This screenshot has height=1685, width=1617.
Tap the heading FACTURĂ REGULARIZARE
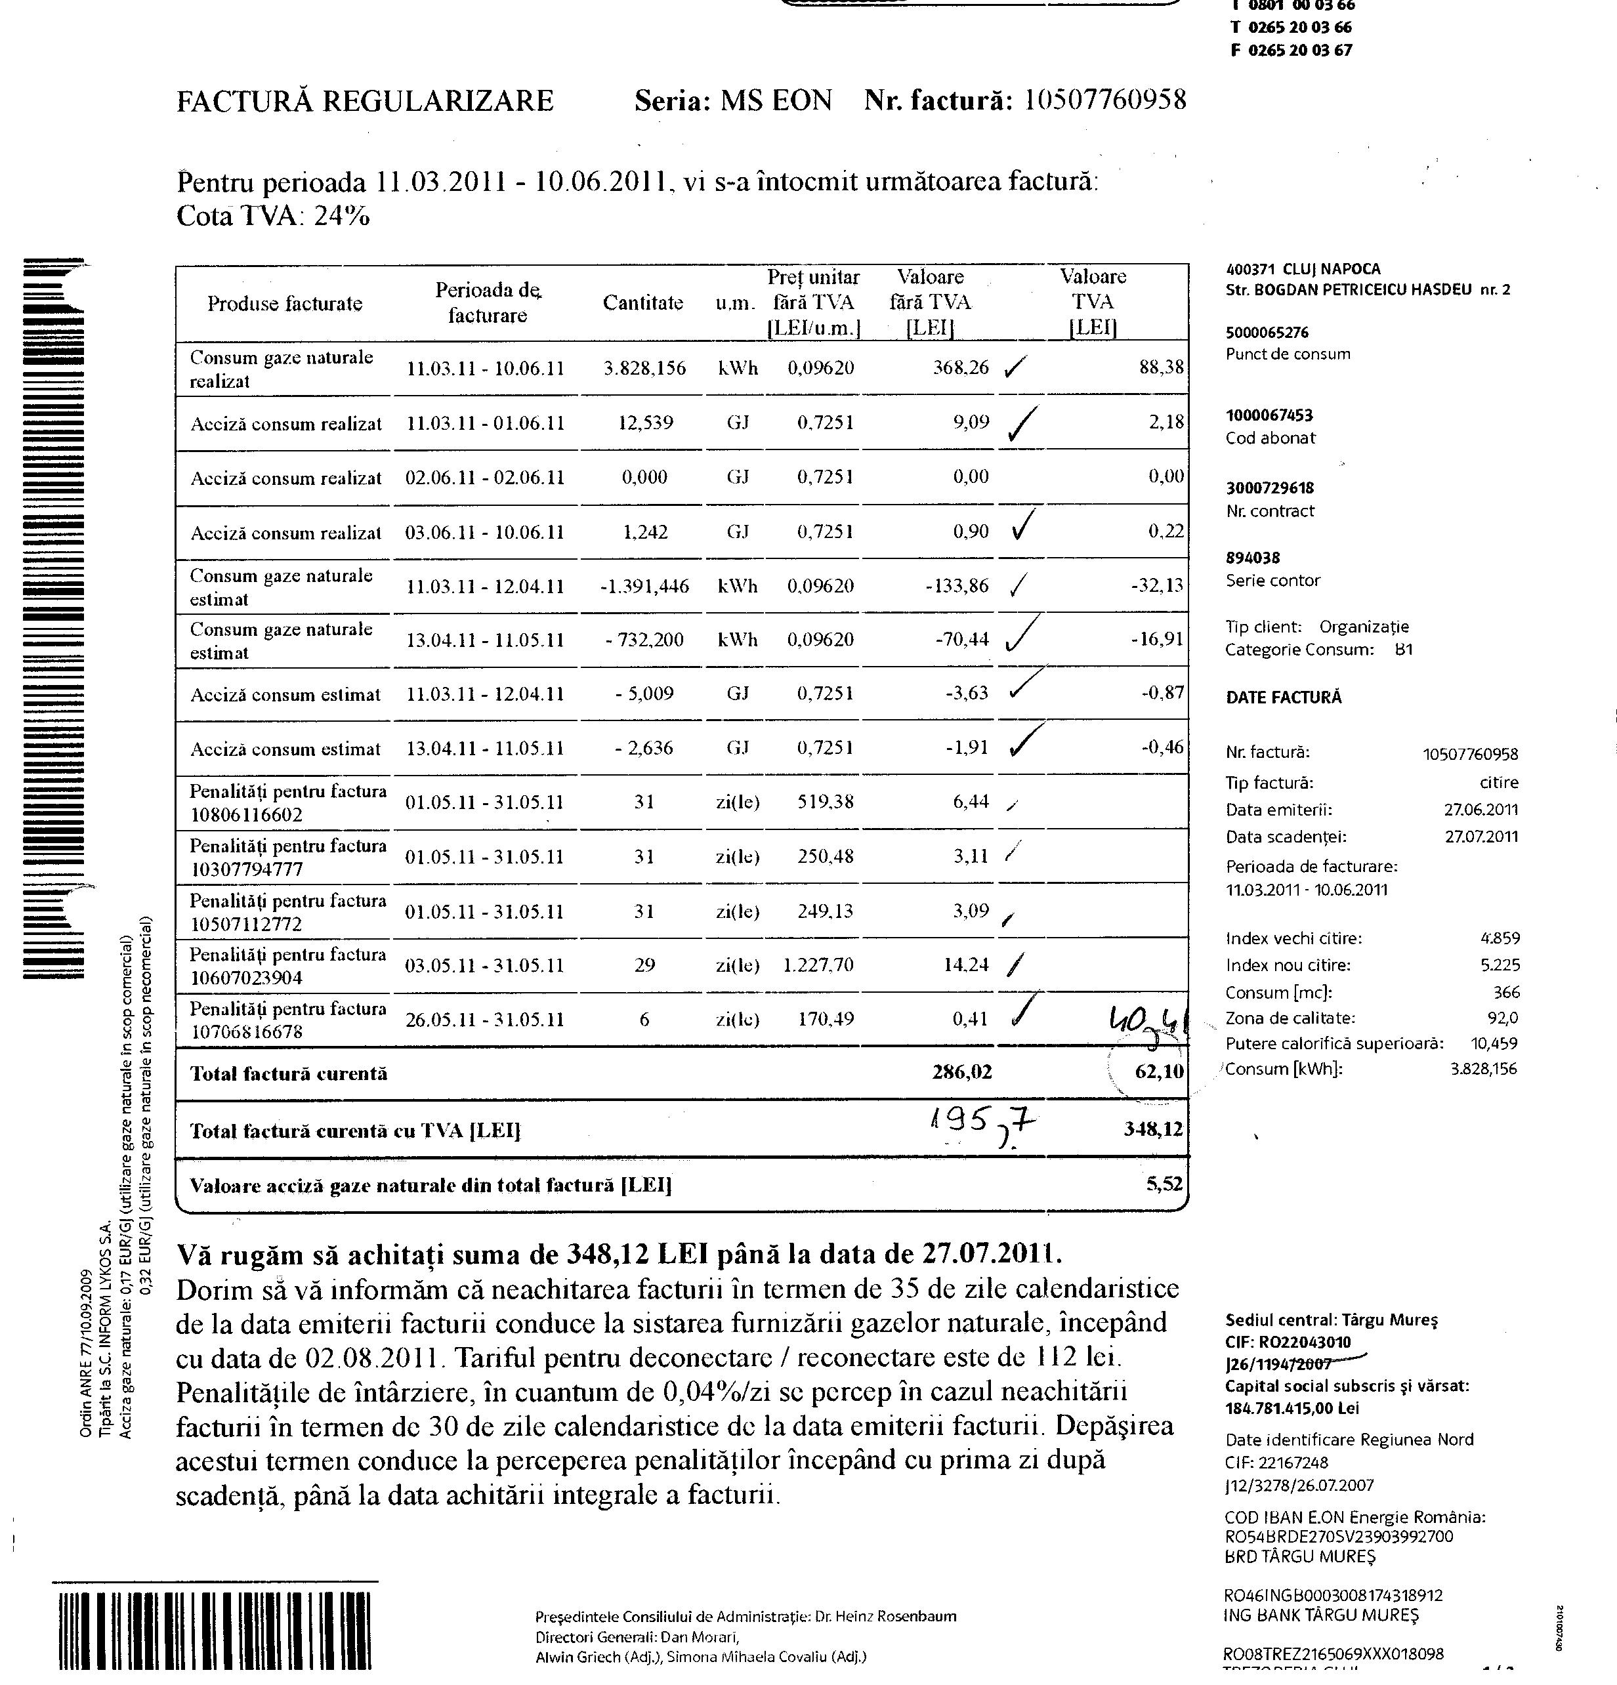(366, 102)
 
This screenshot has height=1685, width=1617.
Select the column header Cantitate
(643, 302)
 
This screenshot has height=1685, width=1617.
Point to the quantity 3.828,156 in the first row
(644, 369)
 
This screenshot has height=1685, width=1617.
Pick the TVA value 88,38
(1160, 368)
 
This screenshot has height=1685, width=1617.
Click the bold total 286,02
(962, 1072)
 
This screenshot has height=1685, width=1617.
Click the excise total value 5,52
(1164, 1184)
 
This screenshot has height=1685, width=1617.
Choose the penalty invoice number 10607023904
(247, 978)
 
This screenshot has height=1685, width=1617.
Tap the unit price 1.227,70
(818, 965)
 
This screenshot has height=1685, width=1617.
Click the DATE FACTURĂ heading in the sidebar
(1284, 697)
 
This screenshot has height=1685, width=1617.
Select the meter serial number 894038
(1253, 558)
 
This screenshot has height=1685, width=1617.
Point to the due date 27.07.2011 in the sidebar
(1481, 837)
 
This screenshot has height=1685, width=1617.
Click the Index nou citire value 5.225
(1500, 965)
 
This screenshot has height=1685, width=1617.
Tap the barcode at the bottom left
(215, 1630)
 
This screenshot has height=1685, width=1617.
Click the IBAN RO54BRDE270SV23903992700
(1339, 1536)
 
